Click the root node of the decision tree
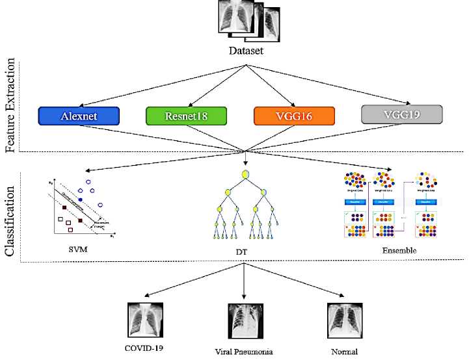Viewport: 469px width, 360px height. tap(246, 174)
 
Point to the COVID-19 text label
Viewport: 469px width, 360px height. tap(144, 348)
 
